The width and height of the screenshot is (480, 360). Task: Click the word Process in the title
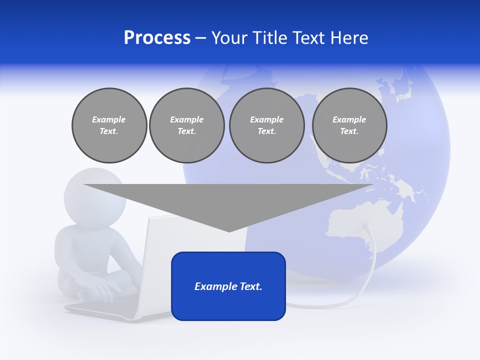[x=157, y=38]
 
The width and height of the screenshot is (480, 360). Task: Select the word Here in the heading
[x=348, y=38]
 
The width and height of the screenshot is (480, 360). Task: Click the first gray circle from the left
[x=109, y=125]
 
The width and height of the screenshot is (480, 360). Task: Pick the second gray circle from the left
[x=186, y=125]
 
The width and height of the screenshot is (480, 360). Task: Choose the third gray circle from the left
[x=266, y=125]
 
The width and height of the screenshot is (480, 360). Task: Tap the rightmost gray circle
[x=349, y=125]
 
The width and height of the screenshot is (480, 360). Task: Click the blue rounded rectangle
[x=228, y=286]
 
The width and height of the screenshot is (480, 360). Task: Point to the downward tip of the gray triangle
[x=229, y=230]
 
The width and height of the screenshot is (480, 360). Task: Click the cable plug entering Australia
[x=367, y=227]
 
